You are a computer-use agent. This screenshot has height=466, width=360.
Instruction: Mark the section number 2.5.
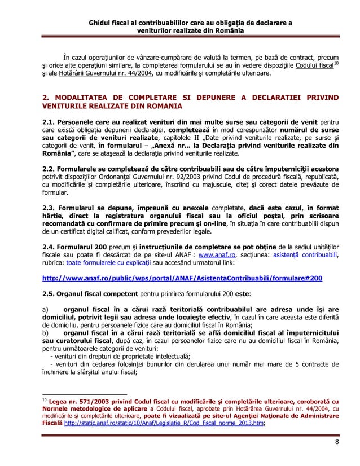point(50,293)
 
